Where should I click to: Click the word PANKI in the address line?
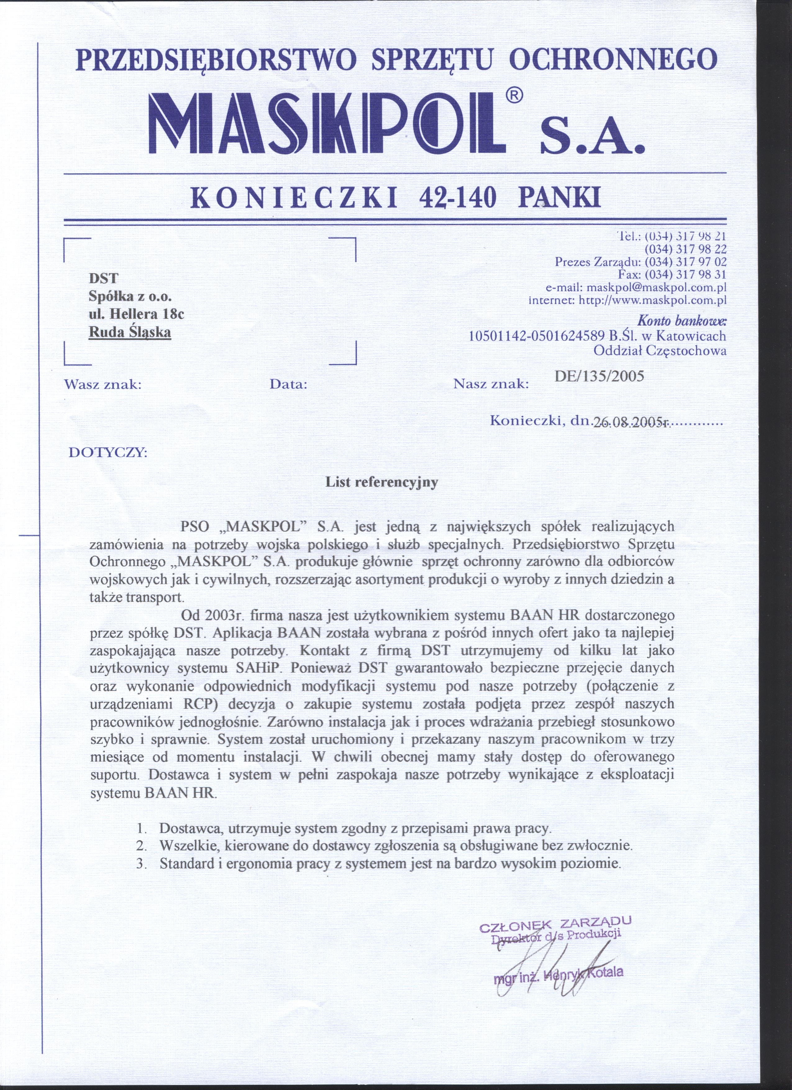click(560, 198)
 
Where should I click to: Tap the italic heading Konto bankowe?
click(681, 320)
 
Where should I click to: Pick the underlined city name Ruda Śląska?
click(130, 332)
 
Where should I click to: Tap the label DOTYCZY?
click(109, 453)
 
